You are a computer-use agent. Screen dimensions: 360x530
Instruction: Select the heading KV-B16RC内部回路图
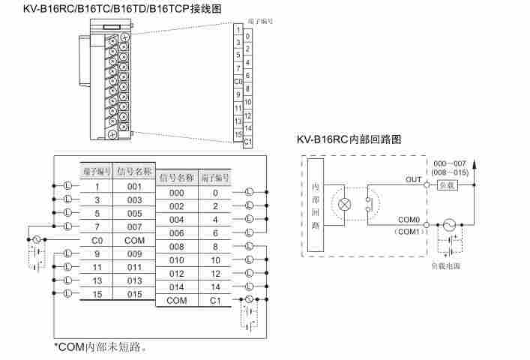coord(349,139)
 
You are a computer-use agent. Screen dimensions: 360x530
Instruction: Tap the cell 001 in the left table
coord(134,186)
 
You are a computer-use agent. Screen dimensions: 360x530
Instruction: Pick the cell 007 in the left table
coord(134,226)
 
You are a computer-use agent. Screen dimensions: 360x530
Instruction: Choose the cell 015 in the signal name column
coord(134,293)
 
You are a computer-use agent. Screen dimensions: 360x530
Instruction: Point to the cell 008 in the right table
coord(176,246)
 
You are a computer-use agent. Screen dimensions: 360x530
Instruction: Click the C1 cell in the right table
coord(215,300)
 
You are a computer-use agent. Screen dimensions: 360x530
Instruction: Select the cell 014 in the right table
coord(176,286)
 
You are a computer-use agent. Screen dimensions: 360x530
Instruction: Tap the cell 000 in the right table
coord(176,193)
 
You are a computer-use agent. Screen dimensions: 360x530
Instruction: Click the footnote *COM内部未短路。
coord(100,347)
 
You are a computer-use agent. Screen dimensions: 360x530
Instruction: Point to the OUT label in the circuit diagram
coord(413,179)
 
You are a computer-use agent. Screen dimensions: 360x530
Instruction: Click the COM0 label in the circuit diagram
coord(409,219)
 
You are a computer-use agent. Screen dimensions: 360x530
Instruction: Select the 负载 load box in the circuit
coord(446,184)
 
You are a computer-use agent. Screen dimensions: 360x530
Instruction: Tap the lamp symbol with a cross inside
coord(345,204)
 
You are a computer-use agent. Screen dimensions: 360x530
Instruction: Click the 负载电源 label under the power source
coord(446,265)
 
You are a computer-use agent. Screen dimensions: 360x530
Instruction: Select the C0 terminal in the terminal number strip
coord(238,80)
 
